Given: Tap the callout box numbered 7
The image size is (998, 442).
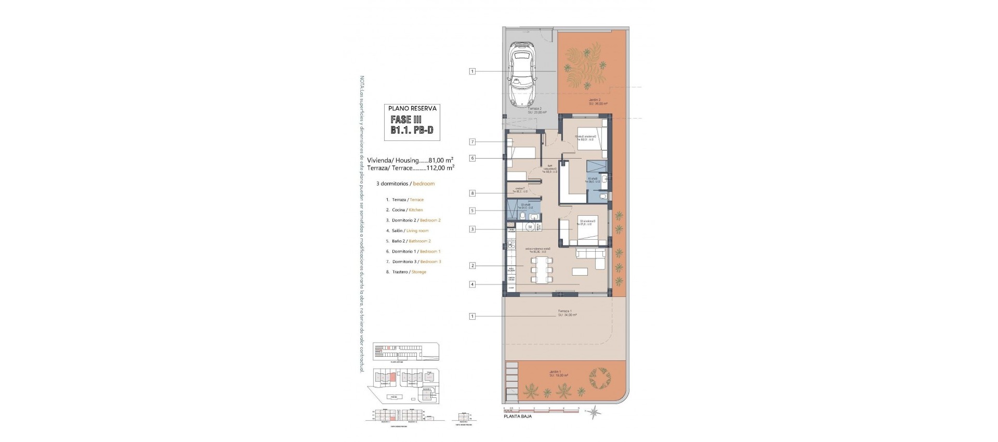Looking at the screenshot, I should click(472, 142).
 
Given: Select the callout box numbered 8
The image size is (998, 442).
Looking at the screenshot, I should click(472, 193).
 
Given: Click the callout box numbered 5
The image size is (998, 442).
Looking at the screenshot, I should click(472, 211).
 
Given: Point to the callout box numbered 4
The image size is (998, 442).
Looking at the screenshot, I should click(472, 284).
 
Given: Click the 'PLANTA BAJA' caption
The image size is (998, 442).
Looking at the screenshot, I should click(517, 416).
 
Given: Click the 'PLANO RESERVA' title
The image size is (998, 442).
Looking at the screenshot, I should click(413, 109).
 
